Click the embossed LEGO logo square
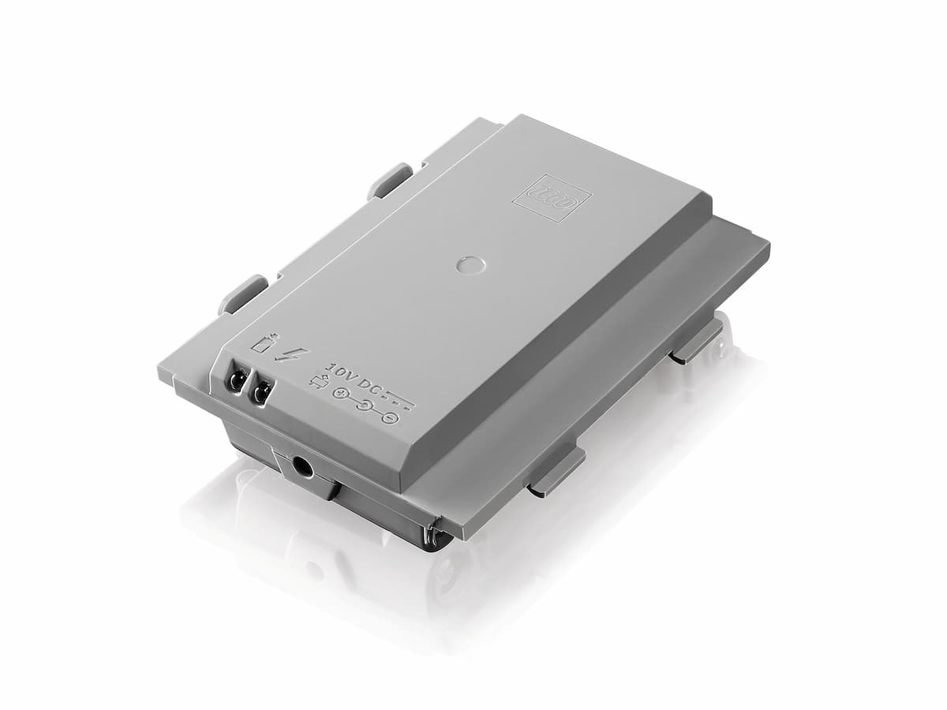(x=552, y=197)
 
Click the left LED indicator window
(x=236, y=381)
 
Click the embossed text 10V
(x=341, y=372)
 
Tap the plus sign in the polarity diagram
(x=339, y=394)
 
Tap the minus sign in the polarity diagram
(x=388, y=417)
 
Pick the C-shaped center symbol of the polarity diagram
(x=364, y=405)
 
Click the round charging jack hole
(x=301, y=466)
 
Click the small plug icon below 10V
(x=319, y=383)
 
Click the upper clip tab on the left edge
(x=390, y=181)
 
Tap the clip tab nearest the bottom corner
(x=556, y=469)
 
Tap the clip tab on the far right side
(x=698, y=340)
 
